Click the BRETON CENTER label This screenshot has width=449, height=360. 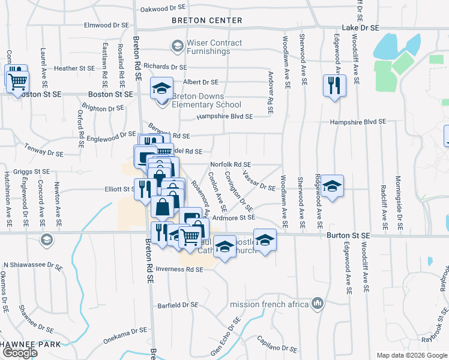206,20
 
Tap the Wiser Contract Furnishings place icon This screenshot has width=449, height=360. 177,45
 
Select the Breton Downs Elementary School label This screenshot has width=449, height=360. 197,101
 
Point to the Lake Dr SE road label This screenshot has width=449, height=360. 361,28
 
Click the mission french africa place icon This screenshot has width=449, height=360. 318,304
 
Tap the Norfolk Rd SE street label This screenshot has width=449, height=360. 231,164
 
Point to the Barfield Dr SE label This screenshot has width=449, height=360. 178,305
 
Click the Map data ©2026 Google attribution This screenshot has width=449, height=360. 412,355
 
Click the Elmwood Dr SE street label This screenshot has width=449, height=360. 107,25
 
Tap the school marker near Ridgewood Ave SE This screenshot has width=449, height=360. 331,185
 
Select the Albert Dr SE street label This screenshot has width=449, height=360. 200,82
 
